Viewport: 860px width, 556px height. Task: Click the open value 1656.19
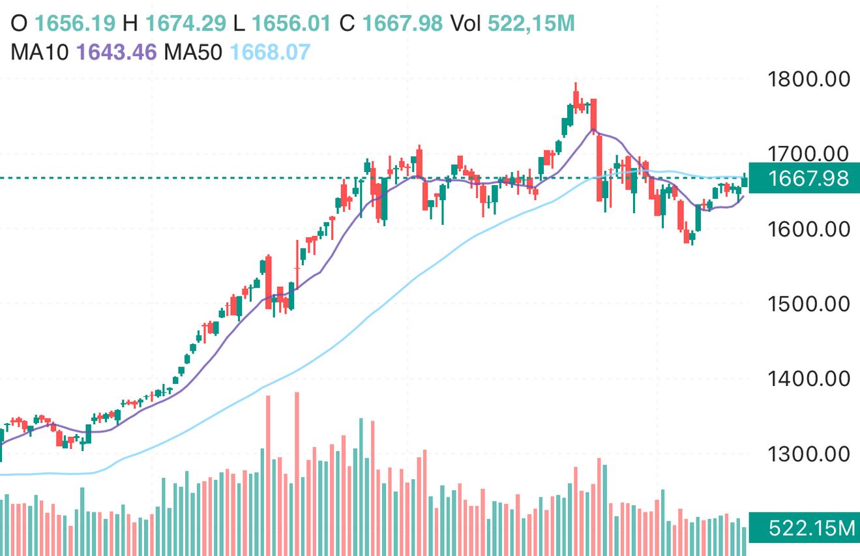75,23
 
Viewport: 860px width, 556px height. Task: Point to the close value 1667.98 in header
402,23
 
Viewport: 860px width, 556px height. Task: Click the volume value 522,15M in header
531,23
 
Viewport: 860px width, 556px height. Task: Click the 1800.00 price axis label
809,80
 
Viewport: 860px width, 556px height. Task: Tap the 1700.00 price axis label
809,154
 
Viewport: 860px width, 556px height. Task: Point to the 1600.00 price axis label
809,229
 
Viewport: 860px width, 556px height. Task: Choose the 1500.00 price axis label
809,304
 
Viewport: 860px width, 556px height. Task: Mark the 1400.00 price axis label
809,379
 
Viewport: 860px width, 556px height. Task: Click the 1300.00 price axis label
809,454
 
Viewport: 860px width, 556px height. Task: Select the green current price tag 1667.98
804,178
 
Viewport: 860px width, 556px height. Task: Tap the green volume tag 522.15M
804,528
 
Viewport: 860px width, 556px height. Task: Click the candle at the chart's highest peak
576,98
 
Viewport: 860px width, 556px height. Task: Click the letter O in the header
19,23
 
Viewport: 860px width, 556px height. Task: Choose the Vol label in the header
466,23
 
